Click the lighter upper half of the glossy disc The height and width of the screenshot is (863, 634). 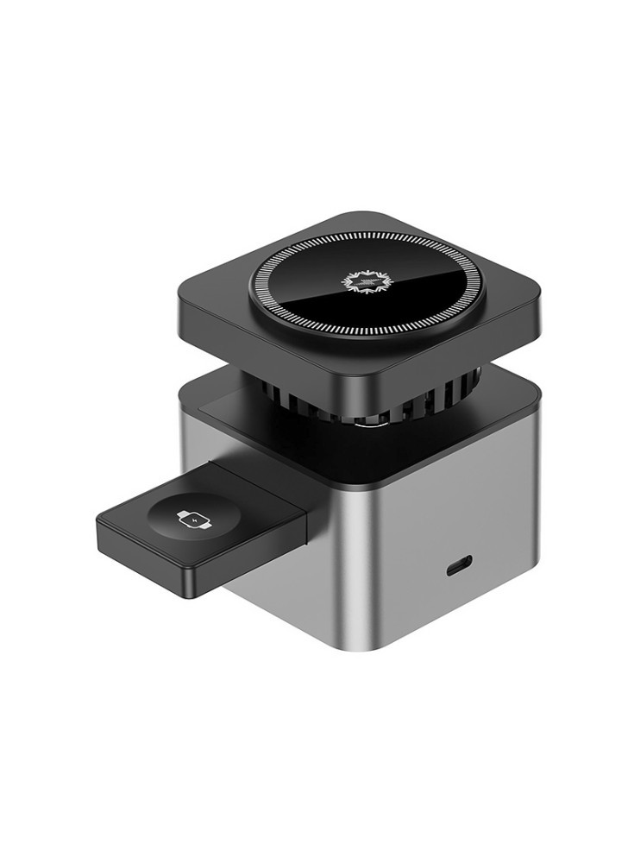pos(336,268)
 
